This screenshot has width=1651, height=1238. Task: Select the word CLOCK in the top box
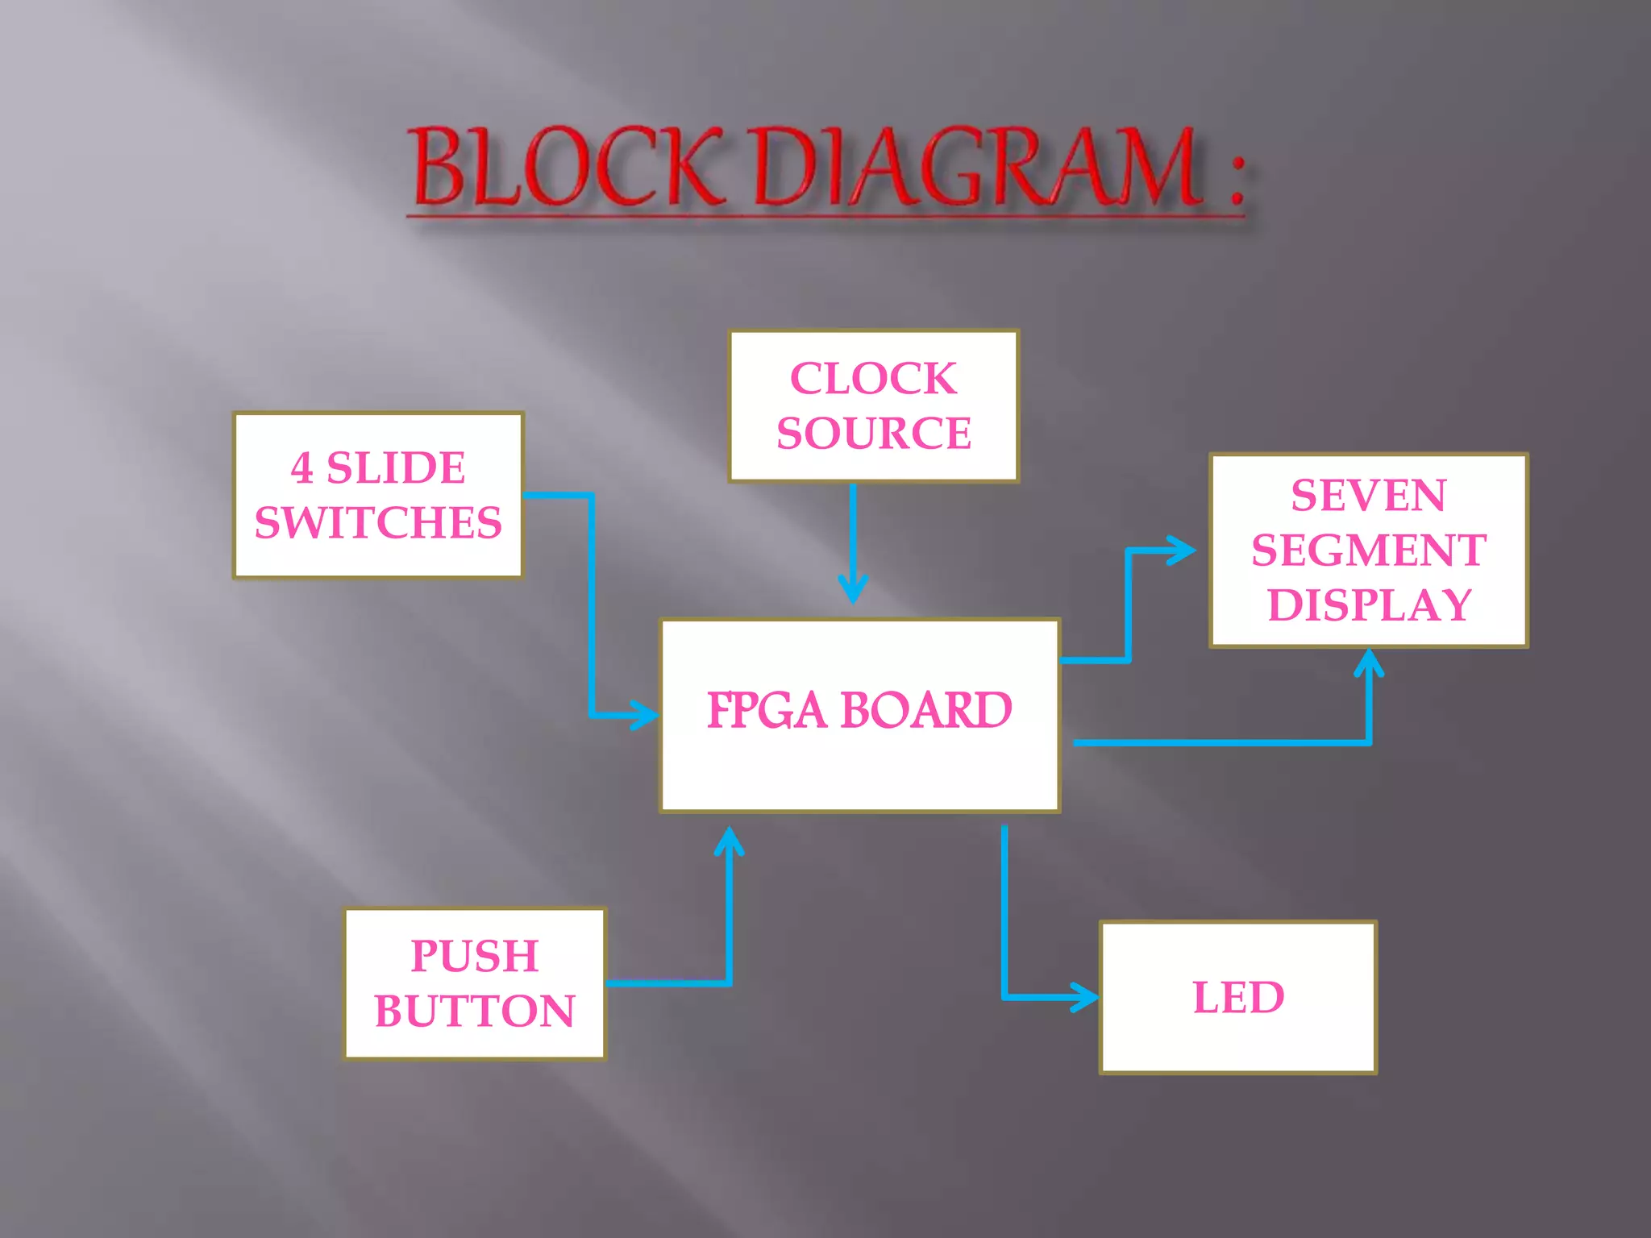874,379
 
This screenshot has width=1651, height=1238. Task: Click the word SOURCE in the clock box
874,434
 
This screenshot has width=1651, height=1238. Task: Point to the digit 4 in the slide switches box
302,468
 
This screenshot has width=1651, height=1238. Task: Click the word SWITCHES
378,523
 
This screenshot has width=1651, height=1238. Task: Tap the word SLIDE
396,468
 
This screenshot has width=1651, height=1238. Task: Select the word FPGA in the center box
767,711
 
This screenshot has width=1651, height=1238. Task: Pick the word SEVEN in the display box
1368,496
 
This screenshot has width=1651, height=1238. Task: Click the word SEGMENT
1368,550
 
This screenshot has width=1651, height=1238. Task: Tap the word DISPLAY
1370,606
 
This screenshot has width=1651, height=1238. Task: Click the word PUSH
475,957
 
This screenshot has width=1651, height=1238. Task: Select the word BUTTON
475,1012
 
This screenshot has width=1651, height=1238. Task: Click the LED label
1238,998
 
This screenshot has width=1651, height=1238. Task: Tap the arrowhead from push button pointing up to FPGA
730,841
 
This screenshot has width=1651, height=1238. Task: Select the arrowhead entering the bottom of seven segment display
1369,663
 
